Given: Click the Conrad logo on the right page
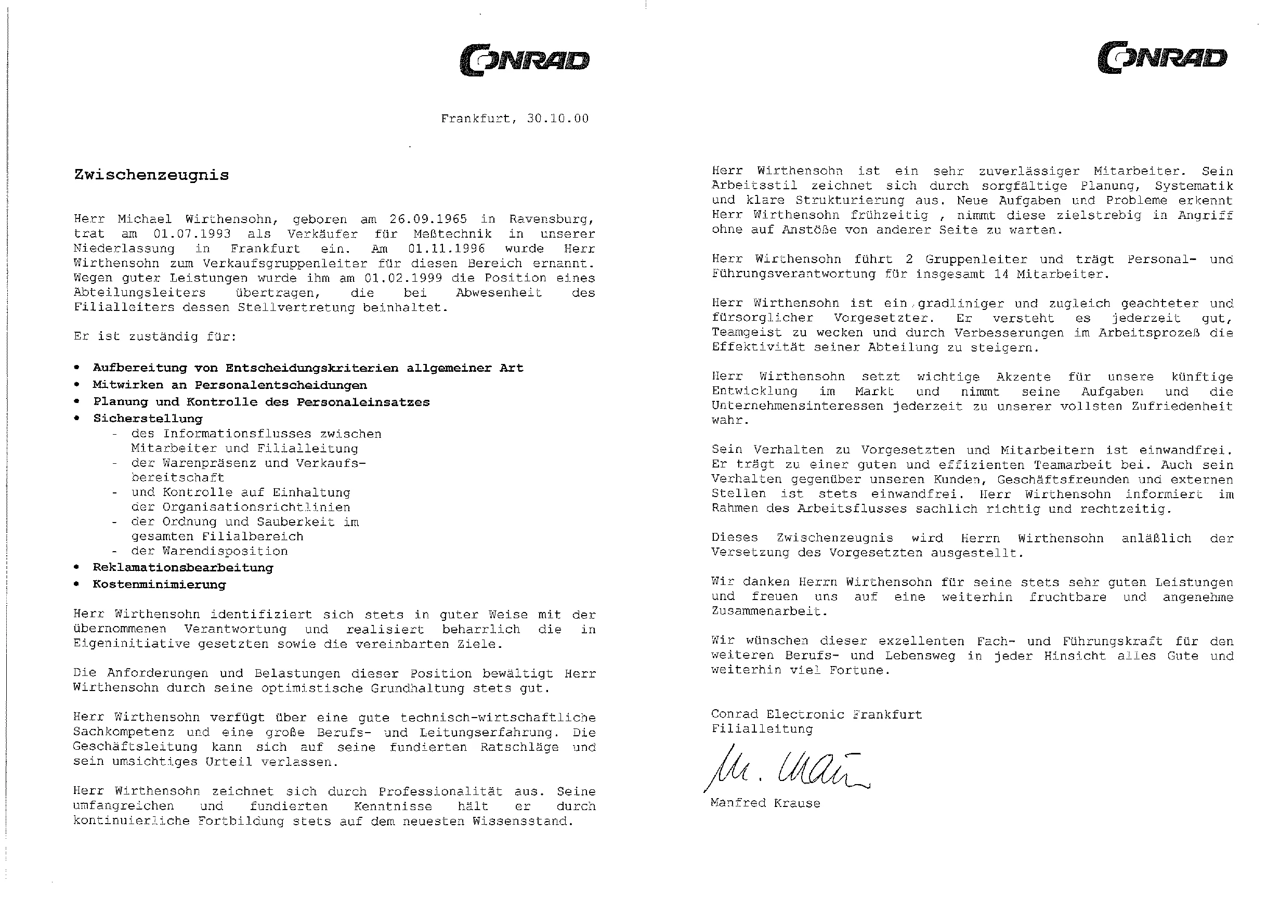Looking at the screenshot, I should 1162,58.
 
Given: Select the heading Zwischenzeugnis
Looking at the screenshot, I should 152,175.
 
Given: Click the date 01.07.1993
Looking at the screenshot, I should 192,233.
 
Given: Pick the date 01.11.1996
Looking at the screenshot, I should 446,248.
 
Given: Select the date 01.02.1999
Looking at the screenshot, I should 403,278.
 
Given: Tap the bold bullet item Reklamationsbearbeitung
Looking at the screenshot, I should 183,567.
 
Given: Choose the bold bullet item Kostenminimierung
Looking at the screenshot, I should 160,584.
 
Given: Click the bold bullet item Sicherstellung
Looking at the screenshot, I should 148,419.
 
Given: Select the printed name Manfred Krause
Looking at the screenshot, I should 765,803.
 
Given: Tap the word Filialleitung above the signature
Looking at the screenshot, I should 762,729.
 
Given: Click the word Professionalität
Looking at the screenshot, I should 440,791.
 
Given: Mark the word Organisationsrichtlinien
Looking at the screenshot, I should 256,507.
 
